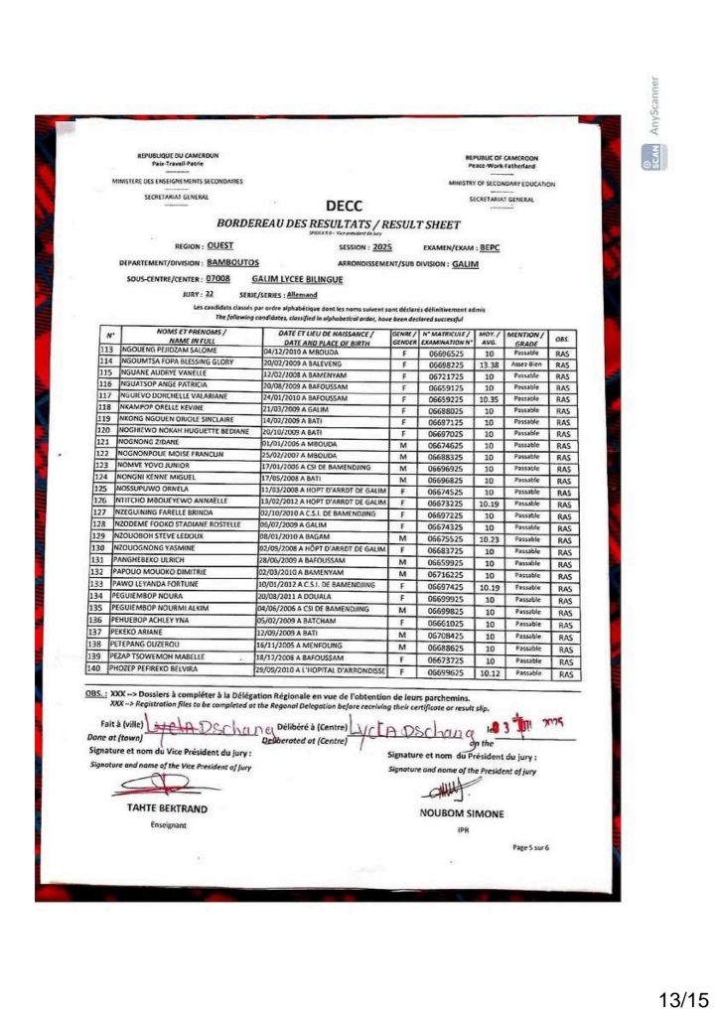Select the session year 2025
coord(382,247)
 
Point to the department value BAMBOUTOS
coord(232,264)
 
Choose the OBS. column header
coord(562,337)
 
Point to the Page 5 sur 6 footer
coord(531,847)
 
